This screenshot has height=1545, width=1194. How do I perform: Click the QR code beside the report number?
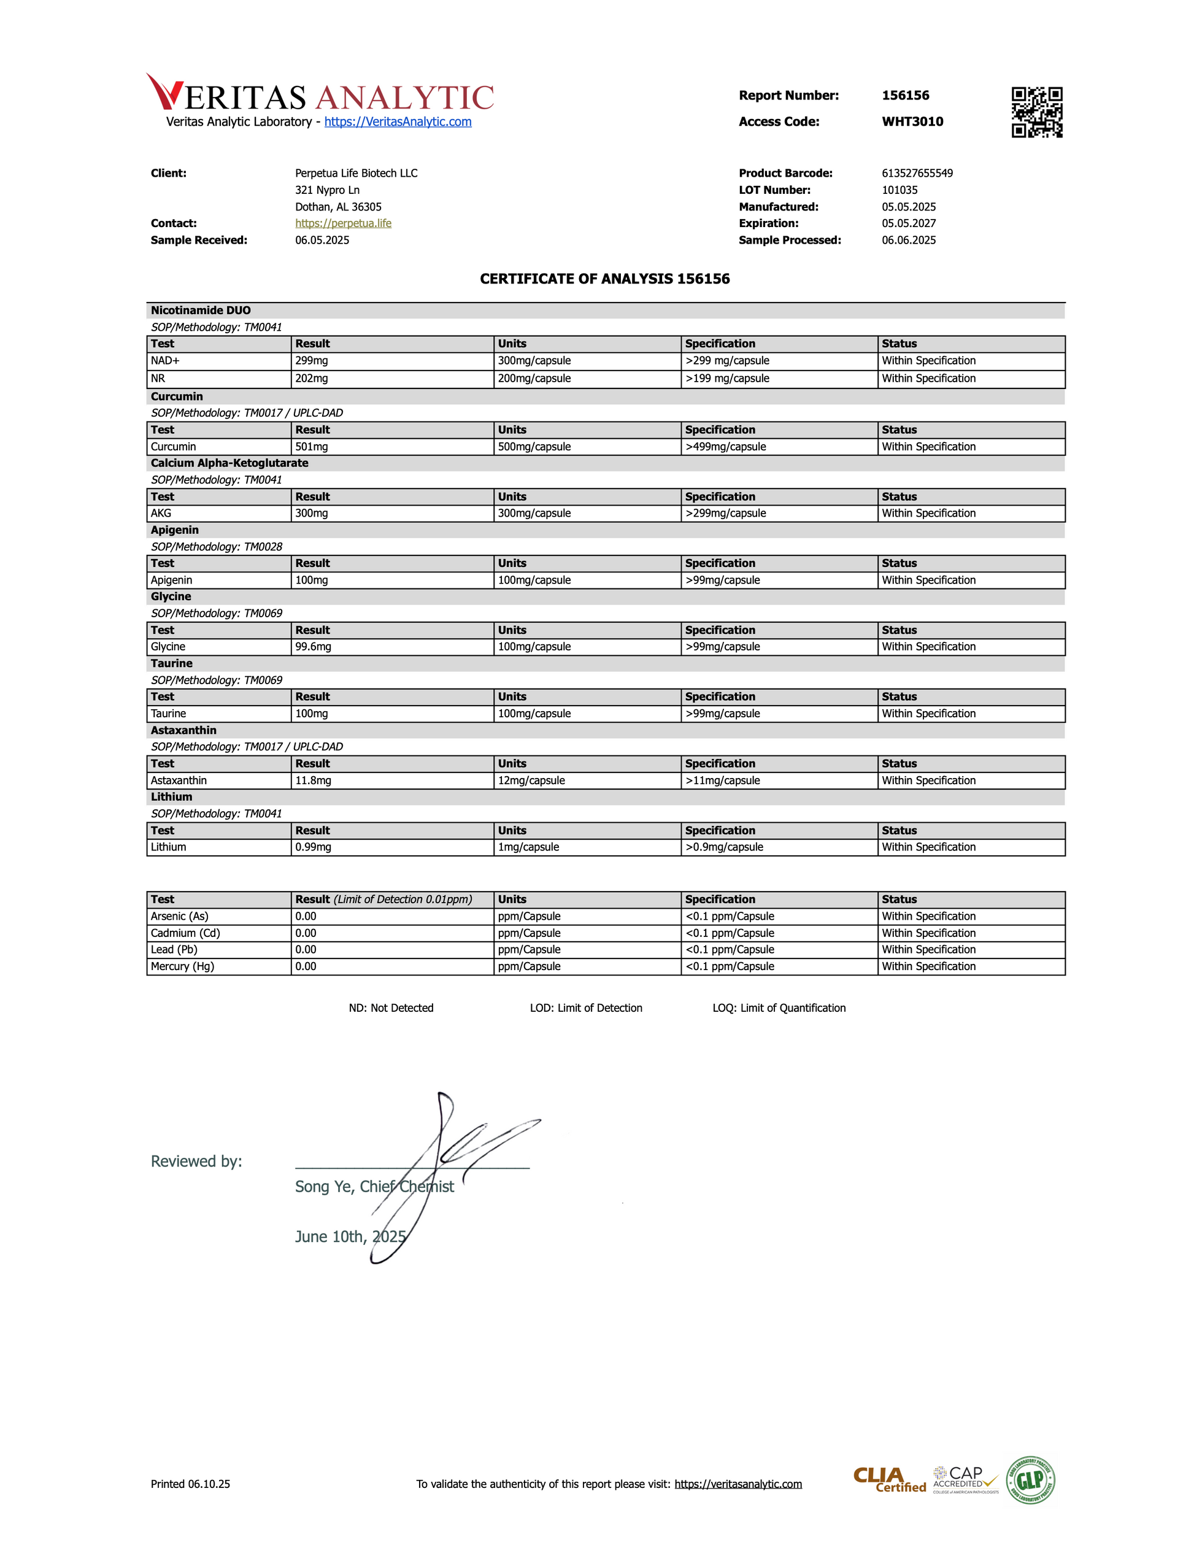pos(1036,112)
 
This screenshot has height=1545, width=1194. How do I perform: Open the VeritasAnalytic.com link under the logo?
pos(398,121)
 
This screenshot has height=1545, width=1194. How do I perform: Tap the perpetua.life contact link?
pos(343,223)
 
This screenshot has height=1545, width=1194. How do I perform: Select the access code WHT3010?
pos(912,121)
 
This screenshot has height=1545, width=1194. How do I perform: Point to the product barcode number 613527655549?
pos(917,173)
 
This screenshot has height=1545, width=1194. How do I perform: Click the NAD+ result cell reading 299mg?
pos(312,361)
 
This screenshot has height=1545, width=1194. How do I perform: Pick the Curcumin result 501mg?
pos(312,447)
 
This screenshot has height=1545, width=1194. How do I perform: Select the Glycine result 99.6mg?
pos(314,647)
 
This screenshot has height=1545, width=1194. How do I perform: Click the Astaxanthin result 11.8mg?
pos(314,780)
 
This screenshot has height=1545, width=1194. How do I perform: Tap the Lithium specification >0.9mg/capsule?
pos(725,847)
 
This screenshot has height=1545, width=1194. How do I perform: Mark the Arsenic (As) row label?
pos(180,916)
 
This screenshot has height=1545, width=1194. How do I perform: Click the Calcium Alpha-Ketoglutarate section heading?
pos(229,463)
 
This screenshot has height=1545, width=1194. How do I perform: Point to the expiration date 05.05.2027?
pos(908,223)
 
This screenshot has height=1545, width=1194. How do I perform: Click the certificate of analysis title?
pos(605,279)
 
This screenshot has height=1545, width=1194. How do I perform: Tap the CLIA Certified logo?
pos(889,1480)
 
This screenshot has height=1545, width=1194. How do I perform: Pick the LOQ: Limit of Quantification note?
pos(779,1008)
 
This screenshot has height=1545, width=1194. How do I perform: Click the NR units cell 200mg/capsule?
pos(534,379)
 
